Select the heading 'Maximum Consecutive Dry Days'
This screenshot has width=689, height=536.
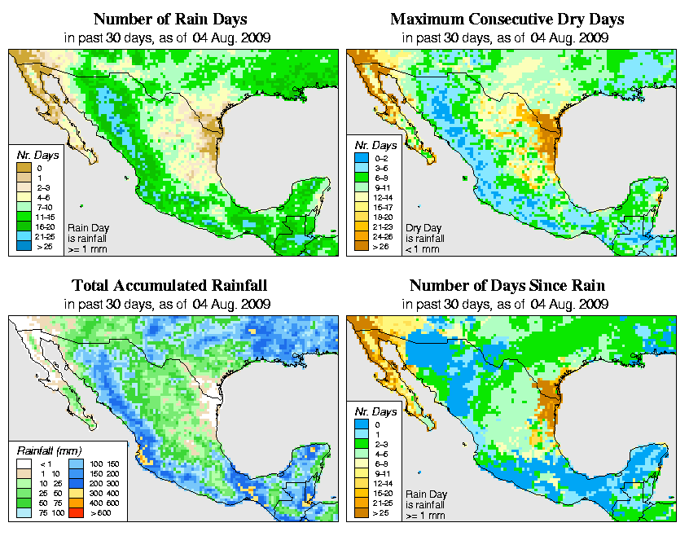[x=507, y=19]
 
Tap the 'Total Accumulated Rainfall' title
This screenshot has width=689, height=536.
[x=169, y=286]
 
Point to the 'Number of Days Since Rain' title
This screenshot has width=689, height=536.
[x=507, y=286]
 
